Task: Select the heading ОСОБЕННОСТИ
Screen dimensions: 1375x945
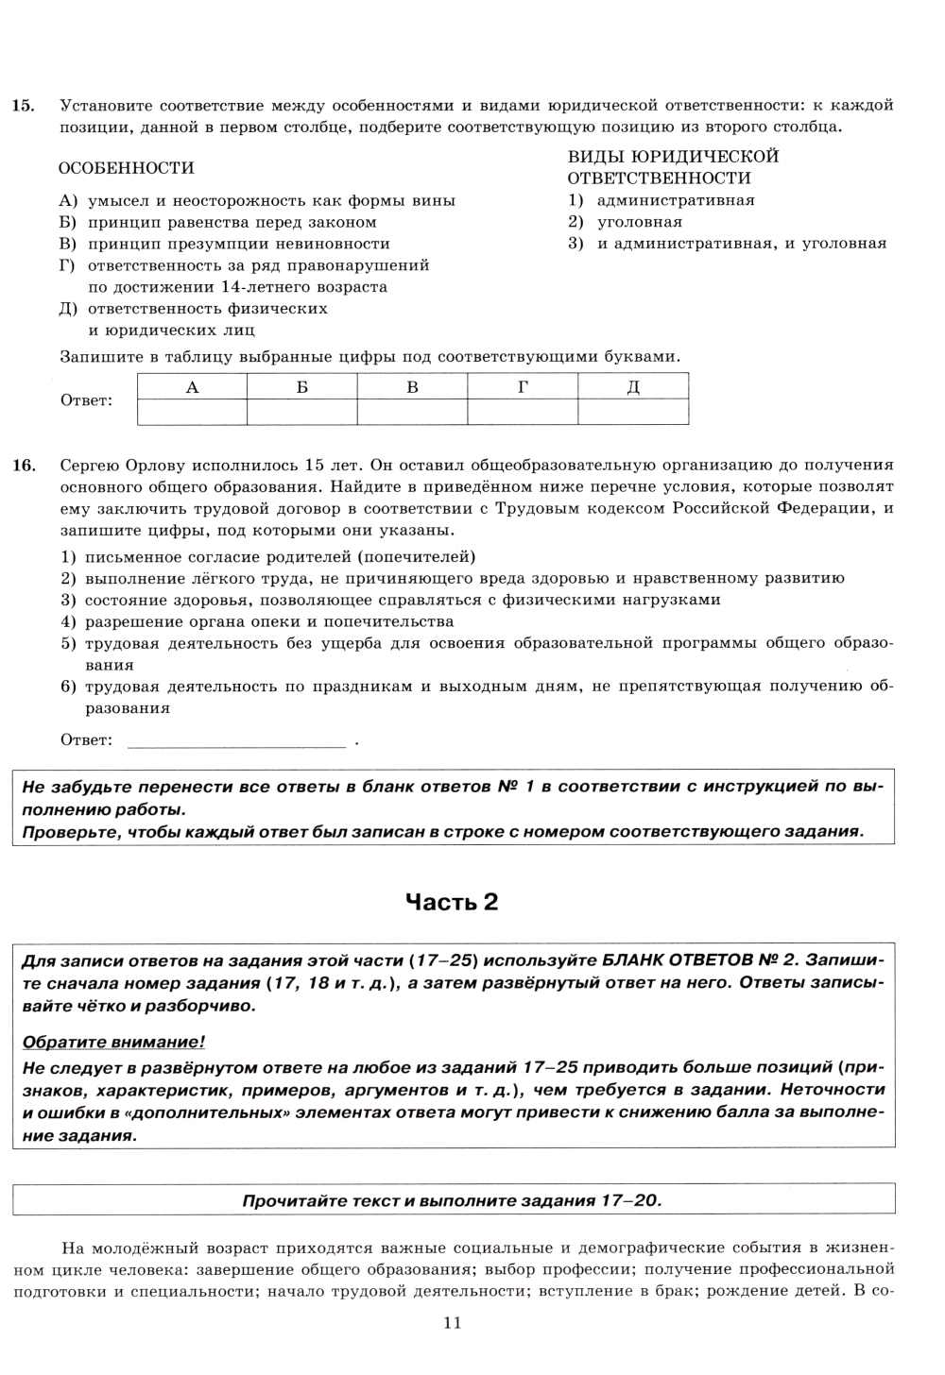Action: click(x=127, y=168)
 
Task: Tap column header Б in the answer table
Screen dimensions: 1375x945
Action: click(x=301, y=386)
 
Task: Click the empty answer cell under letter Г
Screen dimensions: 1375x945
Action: click(x=523, y=413)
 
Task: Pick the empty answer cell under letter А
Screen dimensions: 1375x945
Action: click(x=192, y=413)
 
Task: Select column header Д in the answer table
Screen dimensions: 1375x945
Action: click(x=633, y=386)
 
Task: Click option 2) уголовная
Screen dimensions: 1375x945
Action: click(x=625, y=222)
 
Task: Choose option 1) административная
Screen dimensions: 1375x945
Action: click(x=661, y=200)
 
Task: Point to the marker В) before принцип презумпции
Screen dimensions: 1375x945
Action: click(x=67, y=244)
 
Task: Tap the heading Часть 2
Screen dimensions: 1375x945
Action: click(x=452, y=902)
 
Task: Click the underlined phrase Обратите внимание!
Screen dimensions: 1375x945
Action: click(x=112, y=1043)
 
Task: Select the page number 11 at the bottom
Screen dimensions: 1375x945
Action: click(x=452, y=1323)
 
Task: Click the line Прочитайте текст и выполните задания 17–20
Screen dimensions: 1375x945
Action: click(x=453, y=1201)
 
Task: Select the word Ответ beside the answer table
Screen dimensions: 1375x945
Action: click(x=86, y=400)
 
